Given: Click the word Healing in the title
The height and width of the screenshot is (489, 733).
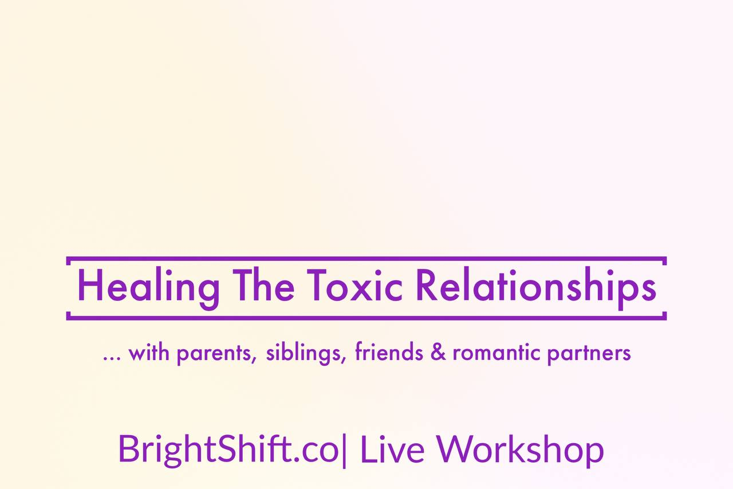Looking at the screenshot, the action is [x=148, y=288].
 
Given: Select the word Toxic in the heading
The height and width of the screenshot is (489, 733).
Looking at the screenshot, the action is [x=354, y=285].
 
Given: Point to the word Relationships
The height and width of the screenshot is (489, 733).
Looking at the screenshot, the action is [x=536, y=288].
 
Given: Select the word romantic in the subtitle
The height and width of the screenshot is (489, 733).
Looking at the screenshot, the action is [x=496, y=353].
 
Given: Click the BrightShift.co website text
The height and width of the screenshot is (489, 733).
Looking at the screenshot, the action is [x=228, y=449].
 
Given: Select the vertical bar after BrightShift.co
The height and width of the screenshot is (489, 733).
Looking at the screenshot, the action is [x=344, y=451].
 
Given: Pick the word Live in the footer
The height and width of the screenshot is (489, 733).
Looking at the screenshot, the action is [x=392, y=448].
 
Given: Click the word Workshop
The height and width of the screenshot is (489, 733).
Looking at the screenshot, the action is [x=519, y=451].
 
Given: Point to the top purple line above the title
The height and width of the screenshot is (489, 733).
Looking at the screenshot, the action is [x=366, y=259].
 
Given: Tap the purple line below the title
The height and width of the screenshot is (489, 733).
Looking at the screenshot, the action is [x=366, y=318].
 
